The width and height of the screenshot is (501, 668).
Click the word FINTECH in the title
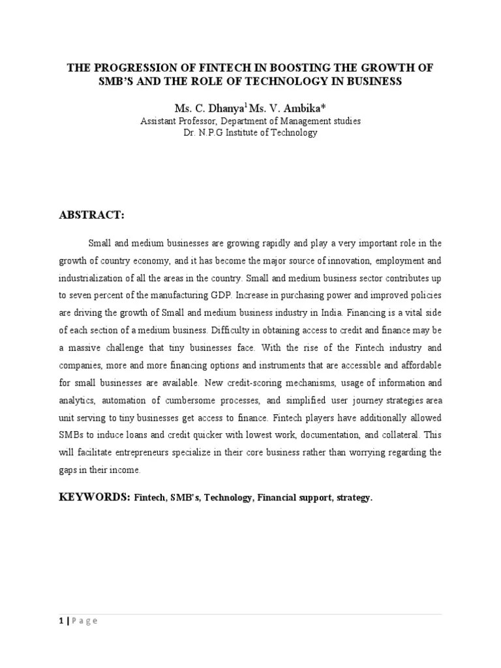[207, 68]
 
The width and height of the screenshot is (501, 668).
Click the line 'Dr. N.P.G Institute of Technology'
[250, 132]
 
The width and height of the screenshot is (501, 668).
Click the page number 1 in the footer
[60, 620]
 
